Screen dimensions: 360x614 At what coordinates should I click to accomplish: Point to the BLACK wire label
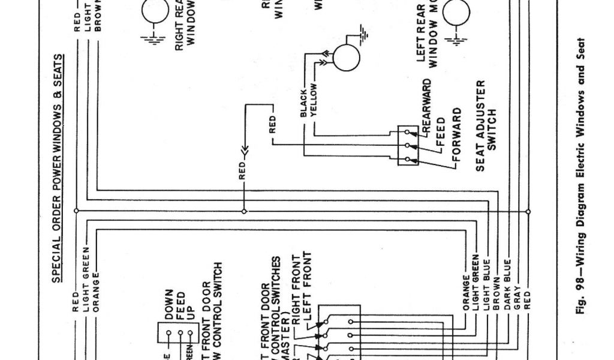[x=303, y=102]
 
